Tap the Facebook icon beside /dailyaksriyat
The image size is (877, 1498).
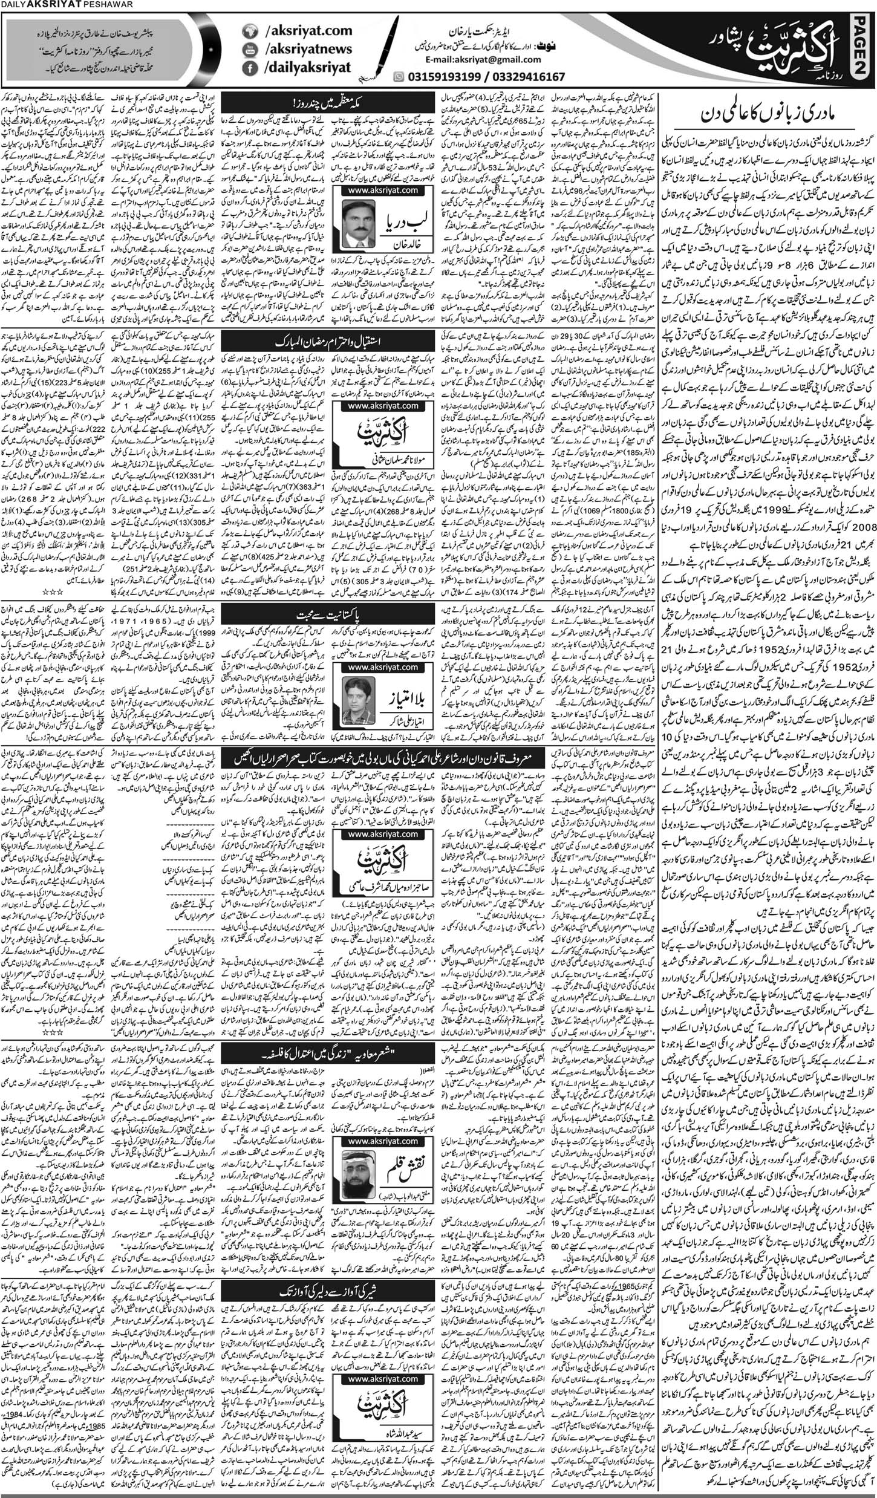pyautogui.click(x=247, y=68)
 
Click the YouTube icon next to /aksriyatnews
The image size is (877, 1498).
pyautogui.click(x=247, y=49)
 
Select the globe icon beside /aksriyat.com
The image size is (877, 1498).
pyautogui.click(x=247, y=30)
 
